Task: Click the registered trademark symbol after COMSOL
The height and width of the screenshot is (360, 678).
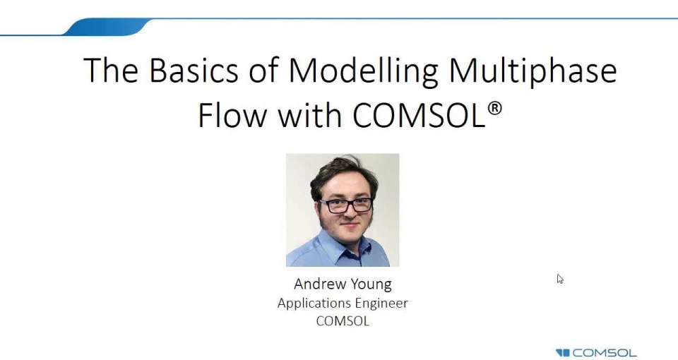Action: [495, 108]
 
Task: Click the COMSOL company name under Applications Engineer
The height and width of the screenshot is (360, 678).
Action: [343, 321]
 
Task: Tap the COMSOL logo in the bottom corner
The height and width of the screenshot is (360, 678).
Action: [596, 352]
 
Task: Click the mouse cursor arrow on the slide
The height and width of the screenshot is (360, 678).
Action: [559, 279]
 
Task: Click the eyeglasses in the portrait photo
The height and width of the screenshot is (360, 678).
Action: [345, 205]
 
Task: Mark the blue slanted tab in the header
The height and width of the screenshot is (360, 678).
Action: [106, 28]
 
